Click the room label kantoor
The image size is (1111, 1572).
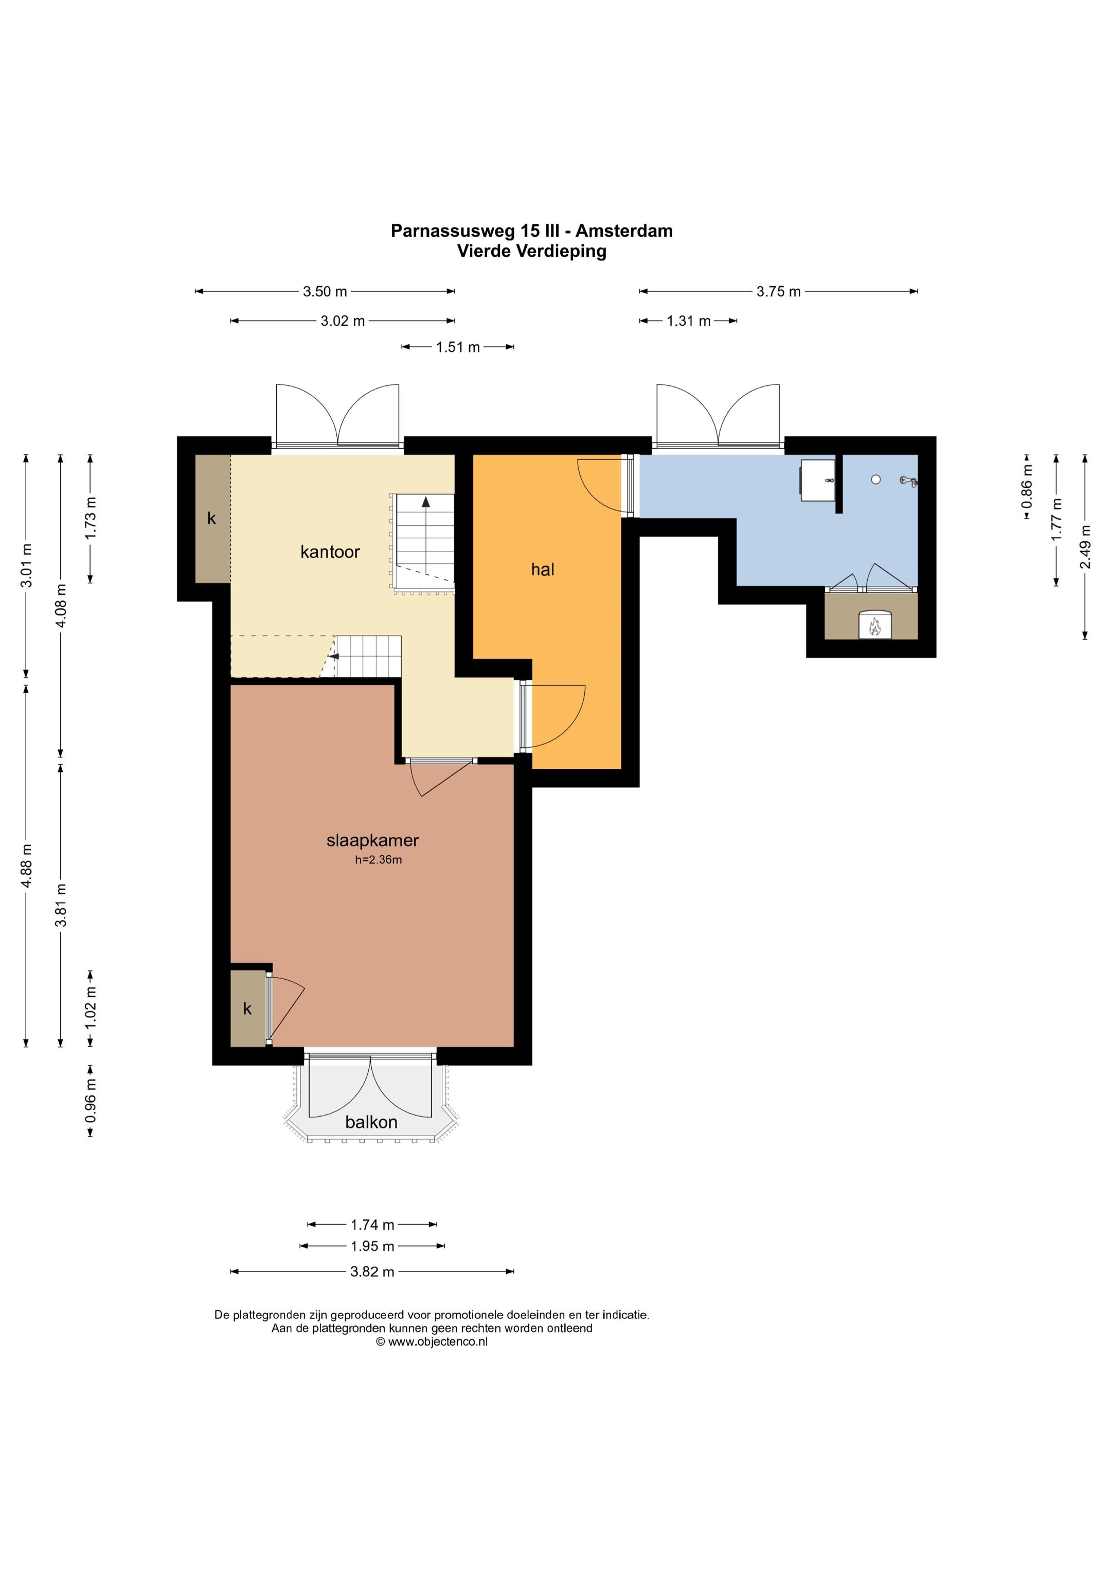point(330,552)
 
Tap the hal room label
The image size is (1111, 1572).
point(543,570)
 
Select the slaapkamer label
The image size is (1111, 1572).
point(372,841)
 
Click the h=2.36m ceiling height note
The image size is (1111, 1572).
point(378,860)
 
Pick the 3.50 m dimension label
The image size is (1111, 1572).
point(325,292)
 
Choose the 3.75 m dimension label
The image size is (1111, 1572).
point(778,292)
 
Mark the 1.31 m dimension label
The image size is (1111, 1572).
point(689,321)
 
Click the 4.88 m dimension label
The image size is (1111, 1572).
point(27,866)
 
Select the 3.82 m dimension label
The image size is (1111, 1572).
point(372,1271)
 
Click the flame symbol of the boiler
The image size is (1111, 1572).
point(874,626)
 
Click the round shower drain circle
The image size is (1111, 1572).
point(875,479)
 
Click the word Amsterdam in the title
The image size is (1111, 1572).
point(623,231)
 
